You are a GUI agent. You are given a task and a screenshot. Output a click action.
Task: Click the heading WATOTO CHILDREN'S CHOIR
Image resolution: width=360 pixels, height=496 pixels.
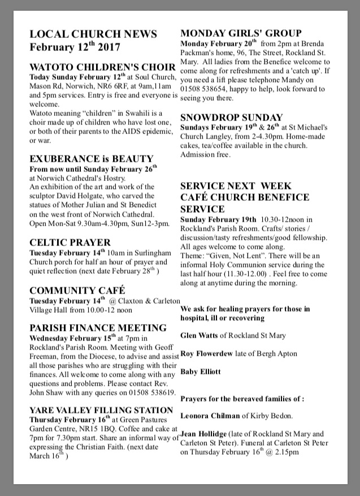[x=102, y=67]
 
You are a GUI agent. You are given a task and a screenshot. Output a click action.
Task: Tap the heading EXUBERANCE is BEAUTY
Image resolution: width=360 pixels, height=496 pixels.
[x=91, y=159]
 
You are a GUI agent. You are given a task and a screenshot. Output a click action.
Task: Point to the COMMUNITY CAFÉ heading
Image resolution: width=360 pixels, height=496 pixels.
[x=77, y=291]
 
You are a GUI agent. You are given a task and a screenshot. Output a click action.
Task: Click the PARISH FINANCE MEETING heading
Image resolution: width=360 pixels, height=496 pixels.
[x=98, y=327]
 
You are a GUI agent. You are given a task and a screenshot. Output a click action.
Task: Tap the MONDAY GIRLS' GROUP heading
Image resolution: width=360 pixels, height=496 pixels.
[x=241, y=33]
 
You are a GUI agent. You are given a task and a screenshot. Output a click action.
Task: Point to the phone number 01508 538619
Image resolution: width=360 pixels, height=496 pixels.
[x=146, y=392]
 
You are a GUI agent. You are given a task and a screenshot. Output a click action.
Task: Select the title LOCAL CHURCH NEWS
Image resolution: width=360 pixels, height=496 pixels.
[x=93, y=34]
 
